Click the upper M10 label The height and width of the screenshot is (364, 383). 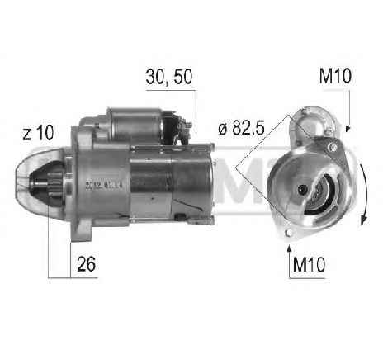click(333, 78)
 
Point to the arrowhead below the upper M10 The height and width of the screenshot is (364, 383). click(348, 127)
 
